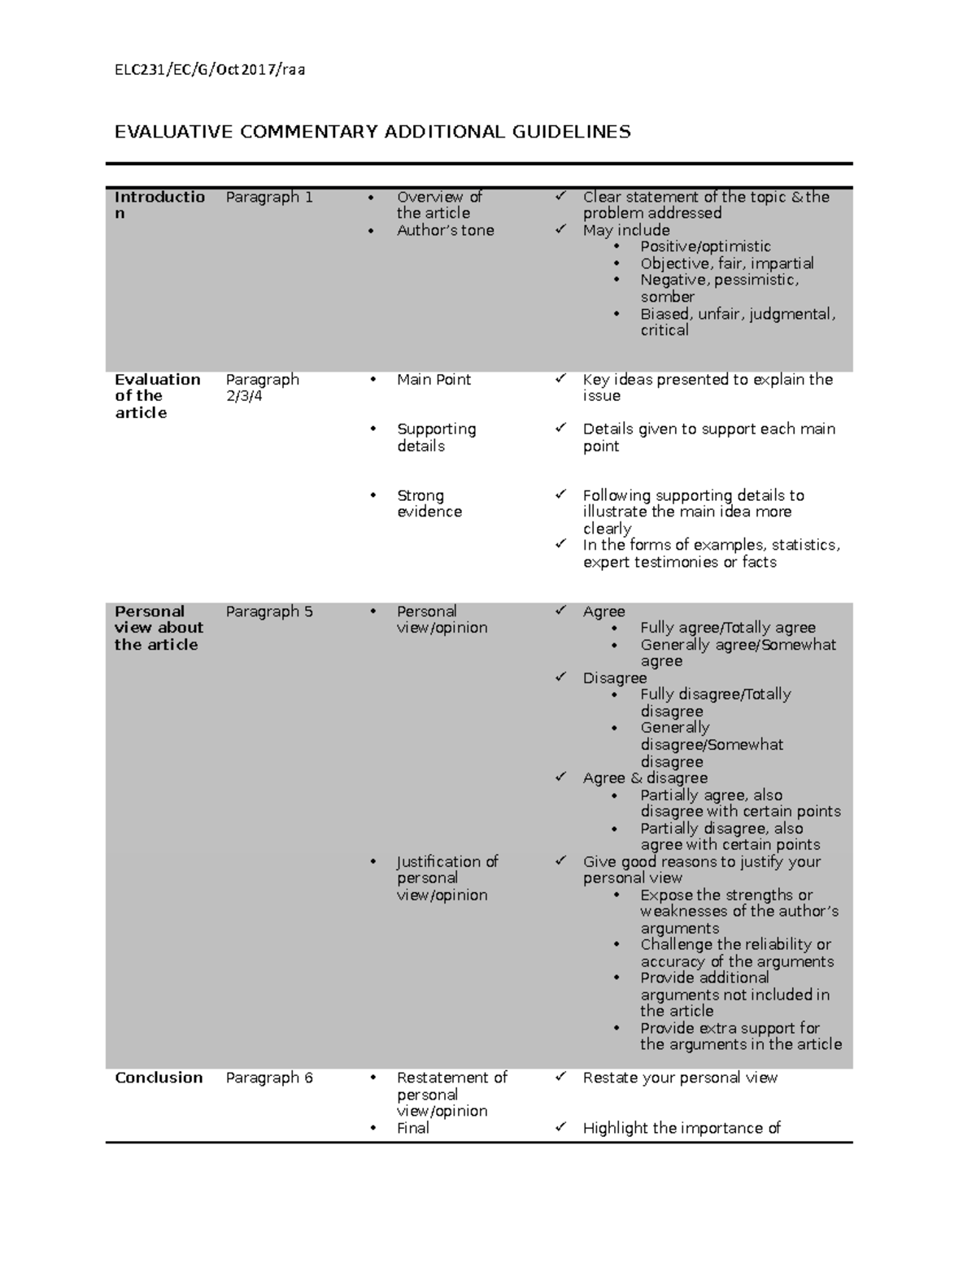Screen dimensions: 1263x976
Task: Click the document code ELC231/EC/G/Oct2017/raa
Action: (210, 70)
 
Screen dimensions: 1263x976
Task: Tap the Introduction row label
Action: (159, 205)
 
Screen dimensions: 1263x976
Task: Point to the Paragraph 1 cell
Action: (268, 197)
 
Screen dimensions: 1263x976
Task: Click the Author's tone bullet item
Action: (445, 230)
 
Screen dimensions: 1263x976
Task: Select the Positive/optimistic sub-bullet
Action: (704, 246)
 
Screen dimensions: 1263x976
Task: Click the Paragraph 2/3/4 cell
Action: (262, 388)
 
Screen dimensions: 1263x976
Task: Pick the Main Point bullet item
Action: (434, 380)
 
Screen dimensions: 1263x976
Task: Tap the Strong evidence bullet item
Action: (429, 503)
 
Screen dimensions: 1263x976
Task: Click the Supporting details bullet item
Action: (436, 438)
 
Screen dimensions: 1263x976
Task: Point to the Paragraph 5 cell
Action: (268, 612)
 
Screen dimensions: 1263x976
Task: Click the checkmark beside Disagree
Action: (560, 677)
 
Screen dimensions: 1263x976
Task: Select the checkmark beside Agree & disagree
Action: (560, 777)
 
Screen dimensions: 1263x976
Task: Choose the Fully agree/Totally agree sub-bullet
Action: (727, 628)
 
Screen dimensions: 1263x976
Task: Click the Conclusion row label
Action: (159, 1078)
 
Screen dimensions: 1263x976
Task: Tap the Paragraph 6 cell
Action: (268, 1078)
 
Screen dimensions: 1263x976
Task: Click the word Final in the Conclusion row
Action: (412, 1128)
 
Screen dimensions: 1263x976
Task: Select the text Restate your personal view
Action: (680, 1078)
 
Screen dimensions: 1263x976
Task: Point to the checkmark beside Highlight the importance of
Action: (560, 1127)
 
